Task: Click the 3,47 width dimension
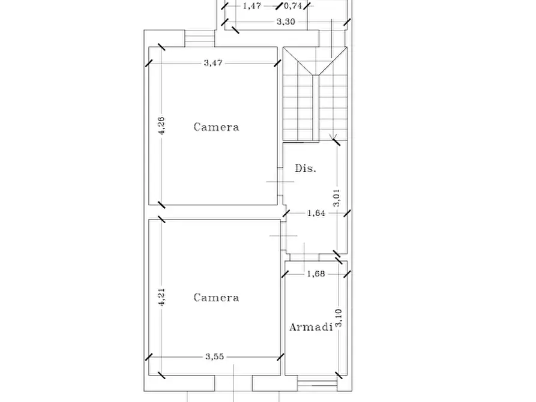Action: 213,63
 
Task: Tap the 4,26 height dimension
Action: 161,125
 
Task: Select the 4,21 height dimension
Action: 161,297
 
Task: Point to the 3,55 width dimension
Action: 215,356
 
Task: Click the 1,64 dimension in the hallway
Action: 316,214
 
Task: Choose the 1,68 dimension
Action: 316,274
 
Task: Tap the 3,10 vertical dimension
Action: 338,318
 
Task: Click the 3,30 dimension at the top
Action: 286,22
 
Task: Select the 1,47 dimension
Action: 252,6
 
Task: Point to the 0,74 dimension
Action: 294,6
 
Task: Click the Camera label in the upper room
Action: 217,127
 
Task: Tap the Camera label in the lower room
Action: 217,298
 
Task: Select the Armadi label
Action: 311,327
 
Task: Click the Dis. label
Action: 306,168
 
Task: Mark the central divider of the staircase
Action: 316,107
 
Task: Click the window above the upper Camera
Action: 200,38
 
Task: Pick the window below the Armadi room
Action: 318,383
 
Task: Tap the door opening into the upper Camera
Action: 280,182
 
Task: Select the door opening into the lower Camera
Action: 283,236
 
